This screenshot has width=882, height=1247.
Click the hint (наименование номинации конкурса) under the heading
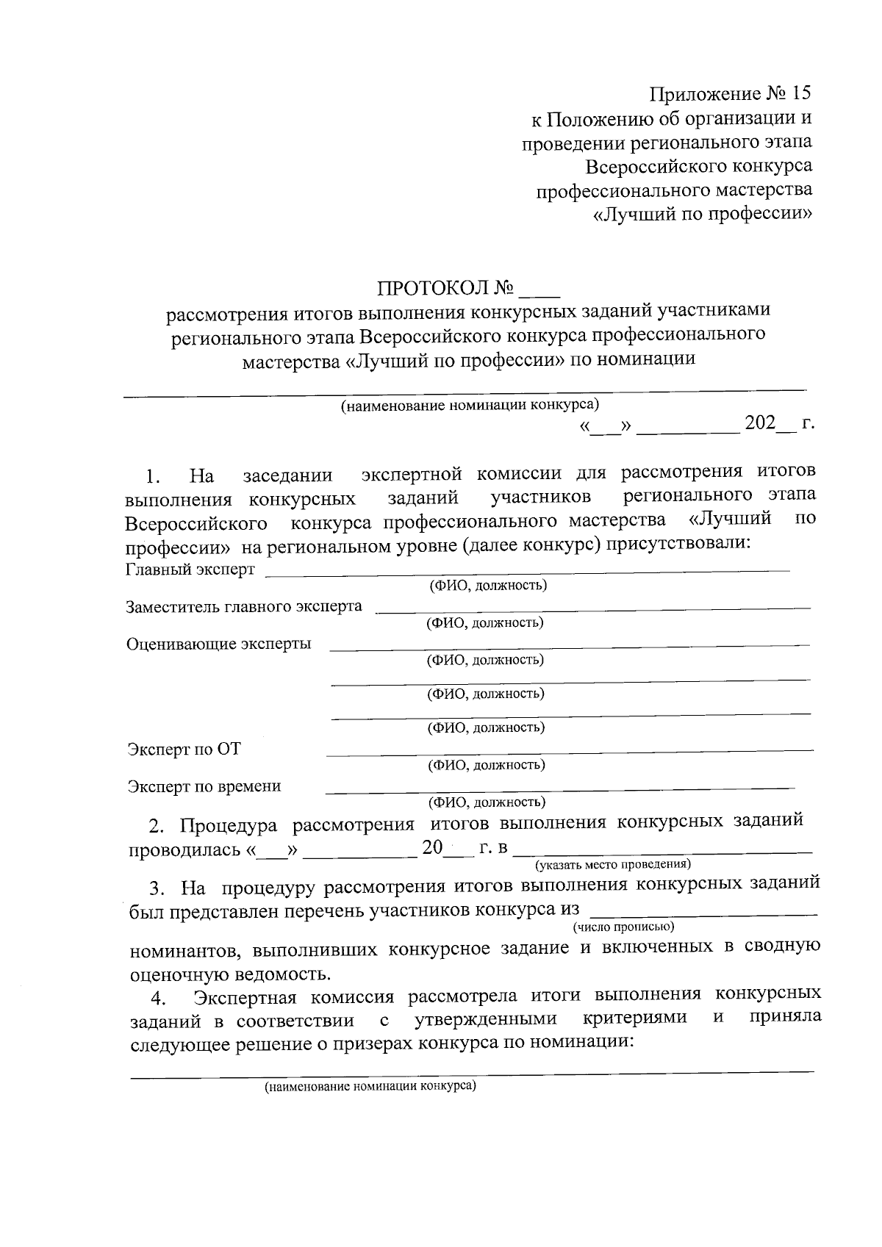[x=469, y=405]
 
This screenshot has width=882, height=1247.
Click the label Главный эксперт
[x=190, y=569]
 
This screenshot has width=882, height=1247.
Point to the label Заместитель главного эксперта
[x=244, y=606]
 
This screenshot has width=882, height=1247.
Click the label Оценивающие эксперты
[x=218, y=644]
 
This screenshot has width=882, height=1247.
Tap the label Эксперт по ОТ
[x=184, y=750]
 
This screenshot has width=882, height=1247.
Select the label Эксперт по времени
[x=204, y=786]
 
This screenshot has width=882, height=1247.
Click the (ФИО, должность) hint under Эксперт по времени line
[x=487, y=802]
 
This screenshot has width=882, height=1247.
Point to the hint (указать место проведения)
[x=612, y=863]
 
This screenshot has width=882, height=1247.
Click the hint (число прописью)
[x=623, y=927]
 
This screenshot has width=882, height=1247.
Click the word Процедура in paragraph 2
[x=229, y=825]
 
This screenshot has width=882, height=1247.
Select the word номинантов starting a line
[x=186, y=950]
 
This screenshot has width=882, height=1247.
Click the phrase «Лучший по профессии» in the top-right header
[x=702, y=215]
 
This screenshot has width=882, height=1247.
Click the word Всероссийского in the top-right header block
[x=650, y=166]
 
